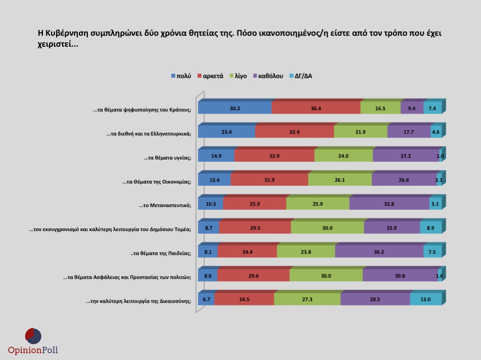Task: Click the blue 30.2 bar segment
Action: point(235,108)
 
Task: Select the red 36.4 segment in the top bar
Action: point(316,108)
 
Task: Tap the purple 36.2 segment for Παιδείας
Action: point(379,252)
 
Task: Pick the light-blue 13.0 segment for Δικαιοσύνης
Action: point(425,300)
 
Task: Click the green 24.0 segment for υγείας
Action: point(343,156)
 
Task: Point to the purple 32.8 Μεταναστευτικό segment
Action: point(389,204)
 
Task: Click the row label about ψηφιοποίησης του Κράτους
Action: point(142,110)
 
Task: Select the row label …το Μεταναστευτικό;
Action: point(165,205)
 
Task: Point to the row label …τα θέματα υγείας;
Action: point(168,158)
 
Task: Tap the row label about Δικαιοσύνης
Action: point(139,301)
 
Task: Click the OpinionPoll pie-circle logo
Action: point(33,336)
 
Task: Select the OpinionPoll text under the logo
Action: point(33,350)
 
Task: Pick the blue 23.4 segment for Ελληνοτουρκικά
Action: point(227,132)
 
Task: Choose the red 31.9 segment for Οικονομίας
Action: point(269,180)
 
